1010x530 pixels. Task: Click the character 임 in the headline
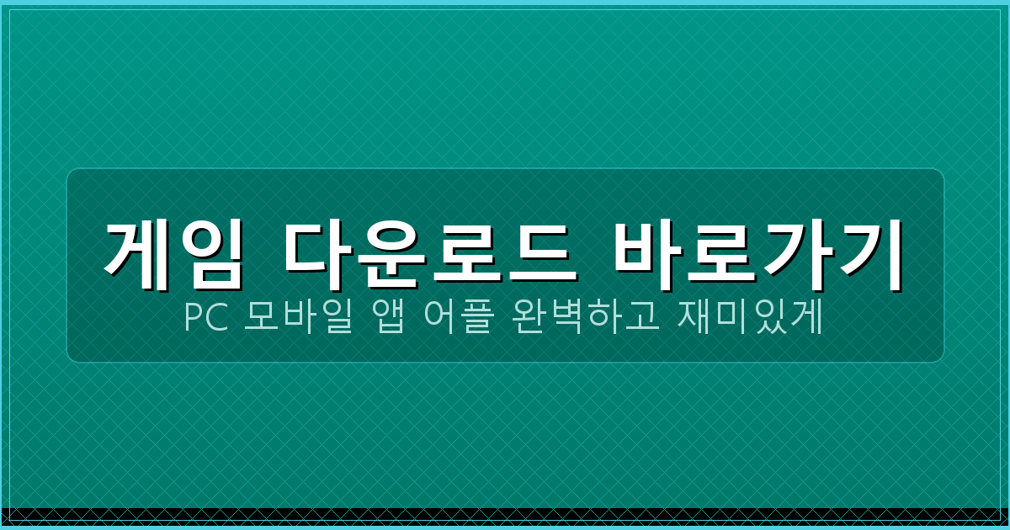[211, 248]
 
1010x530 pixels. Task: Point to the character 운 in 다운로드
[390, 248]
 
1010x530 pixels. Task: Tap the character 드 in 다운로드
[539, 248]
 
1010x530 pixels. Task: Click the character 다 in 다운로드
[316, 248]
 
